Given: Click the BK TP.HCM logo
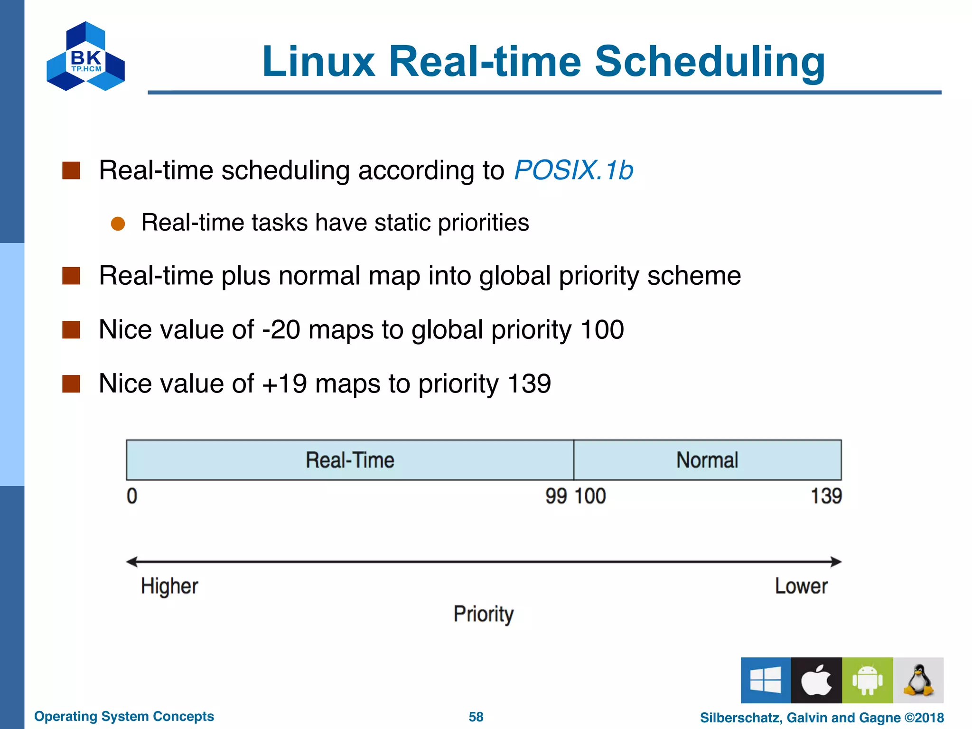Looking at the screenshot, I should pos(85,56).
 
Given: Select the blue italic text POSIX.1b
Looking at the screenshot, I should pos(573,170).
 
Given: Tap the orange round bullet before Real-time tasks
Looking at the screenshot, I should pos(118,224).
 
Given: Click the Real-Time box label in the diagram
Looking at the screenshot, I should pos(350,460).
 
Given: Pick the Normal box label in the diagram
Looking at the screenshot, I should pos(707,460).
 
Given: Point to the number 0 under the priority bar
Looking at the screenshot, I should pos(132,496).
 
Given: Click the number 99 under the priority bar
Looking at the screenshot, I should pos(556,496).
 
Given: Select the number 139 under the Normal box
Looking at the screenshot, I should pos(826,496).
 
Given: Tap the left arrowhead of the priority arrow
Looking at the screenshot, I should pos(131,562).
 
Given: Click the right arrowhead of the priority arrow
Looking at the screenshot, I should pos(836,562).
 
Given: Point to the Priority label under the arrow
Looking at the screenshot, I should pos(483,614).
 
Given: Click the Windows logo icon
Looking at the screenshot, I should pos(766,680).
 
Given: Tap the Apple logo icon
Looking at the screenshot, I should pos(816,680).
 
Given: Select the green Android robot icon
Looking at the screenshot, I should pos(867,680).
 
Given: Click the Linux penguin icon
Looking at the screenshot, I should pos(918,680).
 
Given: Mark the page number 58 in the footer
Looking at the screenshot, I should pos(476,717).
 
